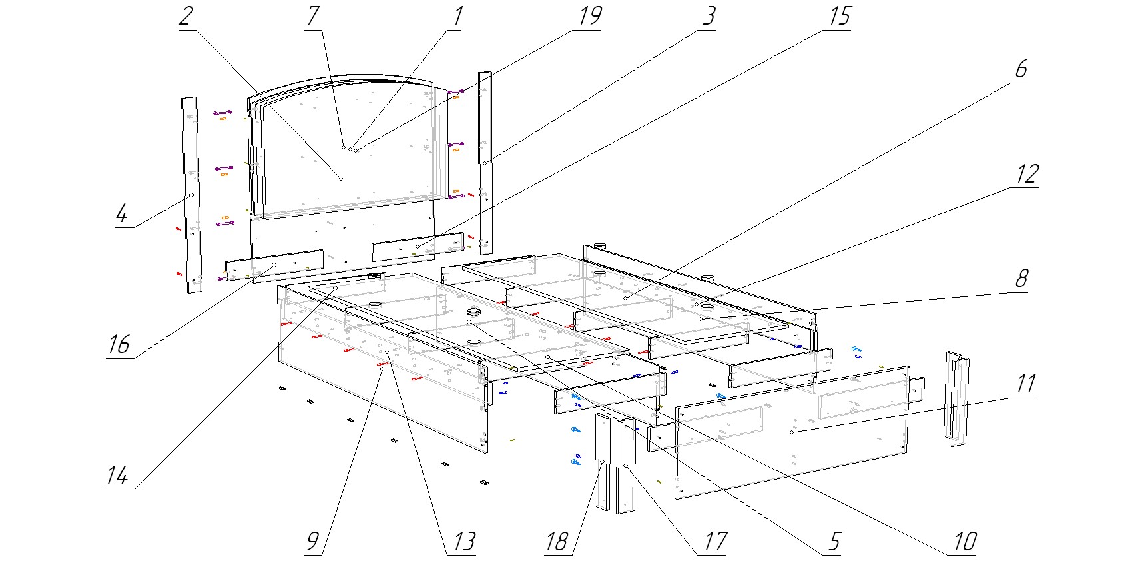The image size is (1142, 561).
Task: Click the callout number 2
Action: pyautogui.click(x=186, y=17)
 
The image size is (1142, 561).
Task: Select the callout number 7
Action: pyautogui.click(x=312, y=17)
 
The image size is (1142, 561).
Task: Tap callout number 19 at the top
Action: pyautogui.click(x=589, y=17)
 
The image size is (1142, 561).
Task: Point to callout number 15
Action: pyautogui.click(x=839, y=17)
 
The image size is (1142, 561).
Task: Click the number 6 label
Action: pyautogui.click(x=1021, y=69)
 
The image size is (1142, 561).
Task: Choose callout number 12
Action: pyautogui.click(x=1026, y=175)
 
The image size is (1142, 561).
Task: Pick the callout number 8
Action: pyautogui.click(x=1021, y=279)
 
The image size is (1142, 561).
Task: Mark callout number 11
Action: pyautogui.click(x=1025, y=384)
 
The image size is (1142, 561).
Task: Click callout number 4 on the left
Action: pyautogui.click(x=122, y=215)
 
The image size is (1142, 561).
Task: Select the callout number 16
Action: pyautogui.click(x=119, y=345)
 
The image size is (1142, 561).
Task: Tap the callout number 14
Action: pyautogui.click(x=117, y=476)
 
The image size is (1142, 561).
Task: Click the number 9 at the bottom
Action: pyautogui.click(x=312, y=542)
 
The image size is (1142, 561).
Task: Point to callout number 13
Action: pyautogui.click(x=463, y=542)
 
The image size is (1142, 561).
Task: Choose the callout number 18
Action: pyautogui.click(x=557, y=542)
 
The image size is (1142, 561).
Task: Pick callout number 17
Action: pyautogui.click(x=714, y=542)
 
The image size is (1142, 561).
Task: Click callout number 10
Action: pyautogui.click(x=964, y=542)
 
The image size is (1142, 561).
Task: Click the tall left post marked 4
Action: pyautogui.click(x=192, y=195)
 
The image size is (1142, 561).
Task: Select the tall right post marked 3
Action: pyautogui.click(x=485, y=163)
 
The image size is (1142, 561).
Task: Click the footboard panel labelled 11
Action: pyautogui.click(x=792, y=433)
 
